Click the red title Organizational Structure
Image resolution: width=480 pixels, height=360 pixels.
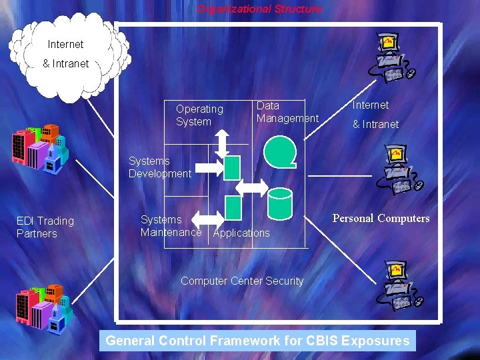pyautogui.click(x=259, y=9)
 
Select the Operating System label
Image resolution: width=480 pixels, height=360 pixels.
pyautogui.click(x=199, y=115)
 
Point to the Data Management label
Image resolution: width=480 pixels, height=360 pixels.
pyautogui.click(x=287, y=112)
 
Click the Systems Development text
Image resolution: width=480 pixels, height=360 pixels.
pyautogui.click(x=159, y=167)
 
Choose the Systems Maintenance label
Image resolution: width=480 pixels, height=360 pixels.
pyautogui.click(x=170, y=226)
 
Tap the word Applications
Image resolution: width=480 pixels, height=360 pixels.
pyautogui.click(x=241, y=233)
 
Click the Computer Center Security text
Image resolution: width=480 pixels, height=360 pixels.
pyautogui.click(x=241, y=281)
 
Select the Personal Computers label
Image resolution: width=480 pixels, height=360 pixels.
pyautogui.click(x=381, y=219)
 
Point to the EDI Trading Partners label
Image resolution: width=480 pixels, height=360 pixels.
pyautogui.click(x=45, y=227)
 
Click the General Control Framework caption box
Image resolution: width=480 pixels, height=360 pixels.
pyautogui.click(x=257, y=341)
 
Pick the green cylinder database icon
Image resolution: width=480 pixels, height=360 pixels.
pyautogui.click(x=279, y=203)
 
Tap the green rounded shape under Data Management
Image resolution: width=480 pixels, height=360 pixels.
pyautogui.click(x=279, y=151)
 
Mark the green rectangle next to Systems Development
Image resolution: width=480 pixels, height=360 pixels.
pyautogui.click(x=231, y=167)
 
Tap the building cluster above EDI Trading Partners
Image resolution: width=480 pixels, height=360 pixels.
pyautogui.click(x=39, y=145)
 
